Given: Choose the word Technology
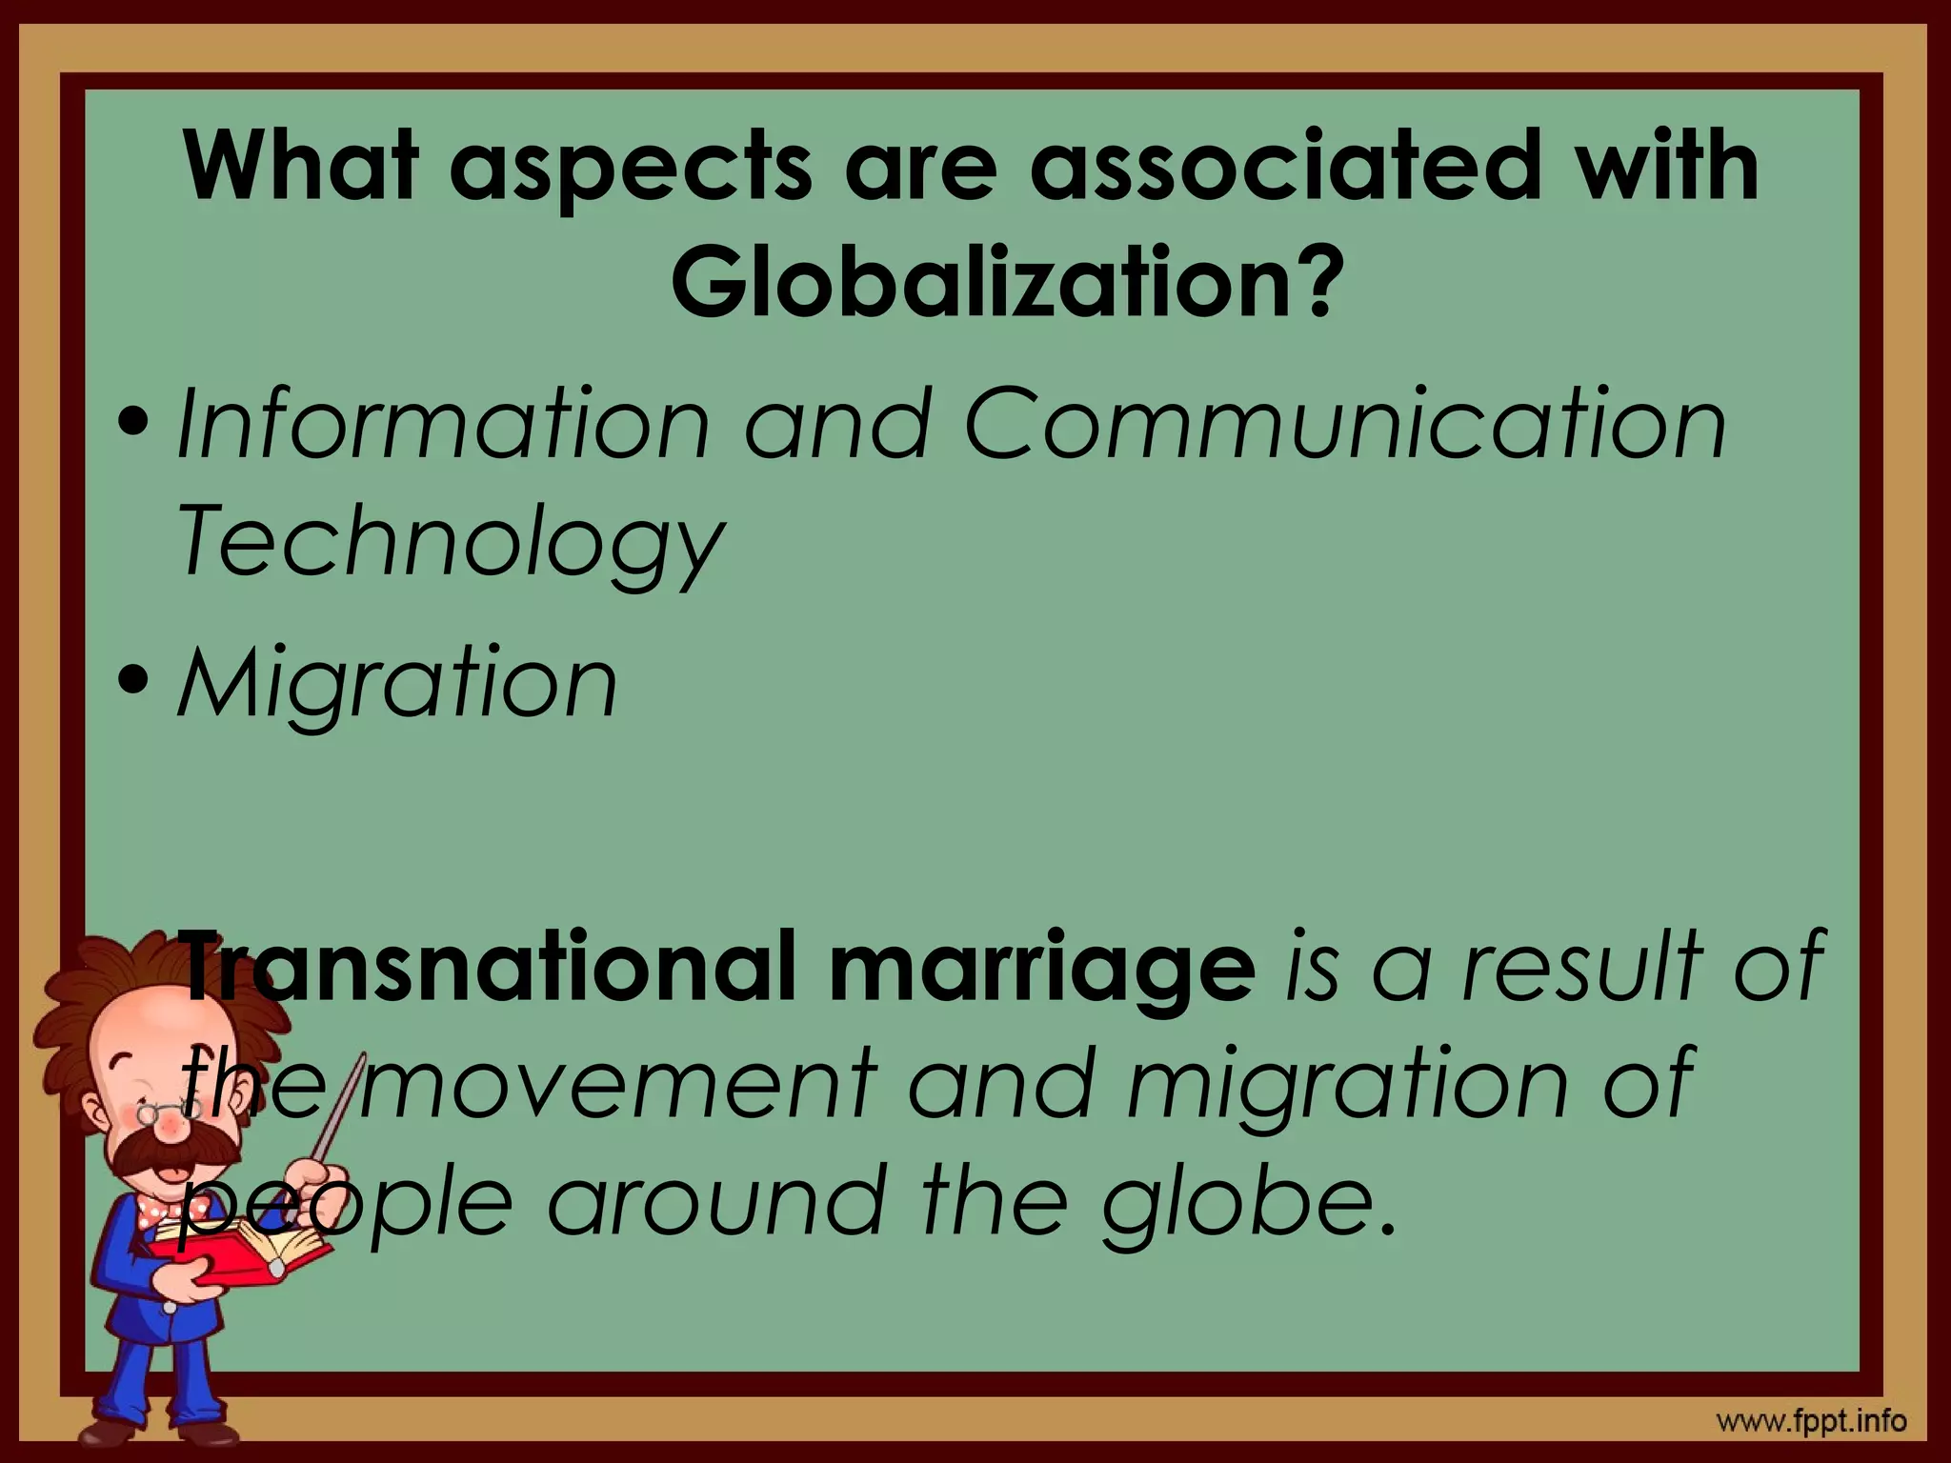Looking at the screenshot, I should click(450, 543).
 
